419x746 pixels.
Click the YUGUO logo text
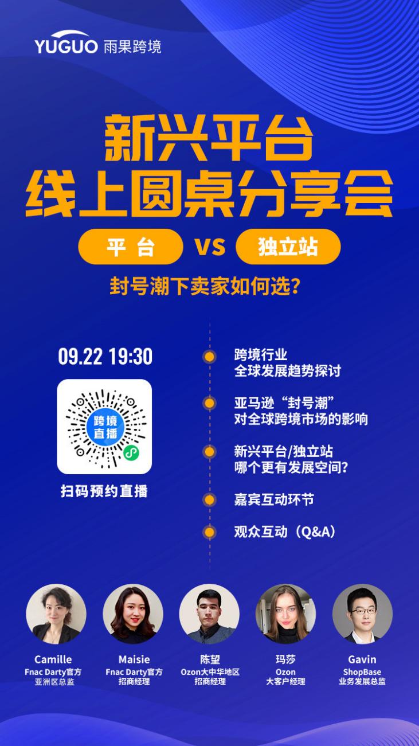[x=66, y=46]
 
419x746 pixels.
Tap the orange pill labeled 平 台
[x=131, y=247]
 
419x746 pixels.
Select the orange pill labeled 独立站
[x=288, y=247]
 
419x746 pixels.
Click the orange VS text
[x=210, y=247]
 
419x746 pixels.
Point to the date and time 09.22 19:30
[x=105, y=357]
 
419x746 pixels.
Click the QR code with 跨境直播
[x=104, y=427]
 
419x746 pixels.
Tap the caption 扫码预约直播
[x=104, y=491]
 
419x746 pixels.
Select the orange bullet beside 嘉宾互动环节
[x=210, y=499]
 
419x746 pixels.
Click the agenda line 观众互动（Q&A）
[x=284, y=532]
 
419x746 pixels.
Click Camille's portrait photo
[x=56, y=614]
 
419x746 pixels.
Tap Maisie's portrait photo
[x=133, y=614]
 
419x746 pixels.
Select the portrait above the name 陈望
[x=209, y=614]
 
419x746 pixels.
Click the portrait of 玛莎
[x=285, y=614]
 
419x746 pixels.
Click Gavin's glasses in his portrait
[x=362, y=610]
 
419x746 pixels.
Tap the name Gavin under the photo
[x=362, y=659]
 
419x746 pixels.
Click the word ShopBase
[x=362, y=672]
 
